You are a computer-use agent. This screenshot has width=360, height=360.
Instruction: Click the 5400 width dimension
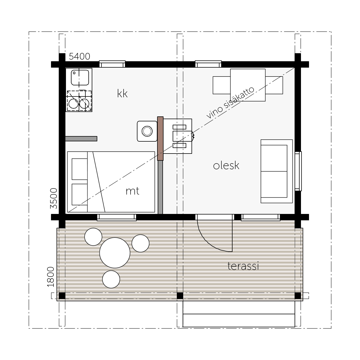tap(79, 57)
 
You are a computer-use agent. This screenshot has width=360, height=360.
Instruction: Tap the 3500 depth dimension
tap(53, 198)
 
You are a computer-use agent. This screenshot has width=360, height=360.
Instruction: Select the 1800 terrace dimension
tap(51, 277)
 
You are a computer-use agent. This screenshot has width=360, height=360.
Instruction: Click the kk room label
tap(122, 93)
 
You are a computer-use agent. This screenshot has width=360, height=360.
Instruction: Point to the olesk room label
tap(226, 165)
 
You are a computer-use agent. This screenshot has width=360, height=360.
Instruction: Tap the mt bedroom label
tap(132, 191)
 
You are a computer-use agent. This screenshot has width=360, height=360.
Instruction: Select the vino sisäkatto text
tap(230, 103)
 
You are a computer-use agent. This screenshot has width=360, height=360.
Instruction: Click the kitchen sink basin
tap(80, 78)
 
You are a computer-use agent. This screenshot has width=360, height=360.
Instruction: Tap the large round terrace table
tap(115, 253)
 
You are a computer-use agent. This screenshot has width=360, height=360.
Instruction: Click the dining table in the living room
tap(248, 85)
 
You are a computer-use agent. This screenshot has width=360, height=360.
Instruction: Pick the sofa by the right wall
tap(277, 171)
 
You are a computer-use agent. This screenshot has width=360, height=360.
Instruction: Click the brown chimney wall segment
tap(160, 139)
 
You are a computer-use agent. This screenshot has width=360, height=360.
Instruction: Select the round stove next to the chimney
tap(147, 131)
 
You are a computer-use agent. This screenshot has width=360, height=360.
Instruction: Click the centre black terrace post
tap(180, 296)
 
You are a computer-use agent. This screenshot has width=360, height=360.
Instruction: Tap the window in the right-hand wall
tap(298, 171)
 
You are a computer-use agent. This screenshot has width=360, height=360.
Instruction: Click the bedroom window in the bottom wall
tap(117, 218)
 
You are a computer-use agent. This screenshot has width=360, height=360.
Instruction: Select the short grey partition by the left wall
tap(81, 139)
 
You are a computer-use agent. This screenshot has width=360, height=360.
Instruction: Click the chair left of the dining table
tap(221, 85)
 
